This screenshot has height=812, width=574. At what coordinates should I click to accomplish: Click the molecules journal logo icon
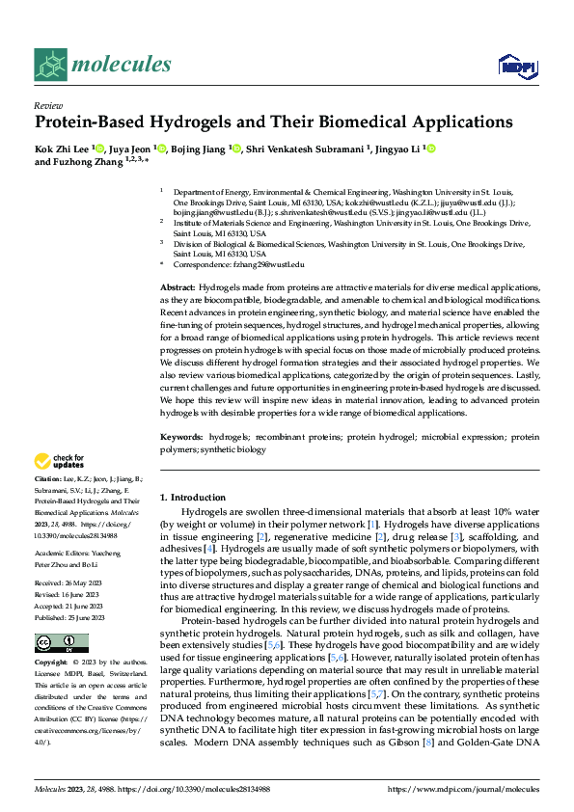tap(52, 65)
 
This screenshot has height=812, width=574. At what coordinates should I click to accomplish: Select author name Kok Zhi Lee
tap(62, 149)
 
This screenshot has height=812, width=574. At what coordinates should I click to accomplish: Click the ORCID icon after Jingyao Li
tap(431, 149)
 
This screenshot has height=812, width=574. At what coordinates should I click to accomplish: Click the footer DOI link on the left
tap(188, 789)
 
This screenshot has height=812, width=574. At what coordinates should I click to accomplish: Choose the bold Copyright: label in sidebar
tap(52, 663)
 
